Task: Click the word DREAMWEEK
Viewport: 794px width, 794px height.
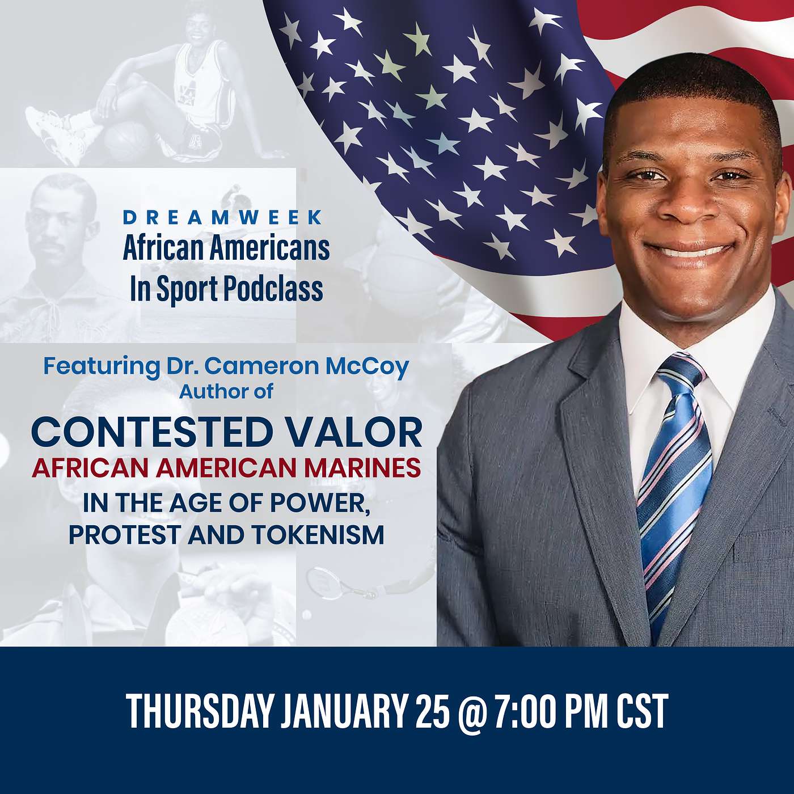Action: click(222, 218)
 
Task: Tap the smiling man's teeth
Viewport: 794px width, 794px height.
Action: click(688, 251)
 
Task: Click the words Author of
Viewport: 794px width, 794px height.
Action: click(226, 392)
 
